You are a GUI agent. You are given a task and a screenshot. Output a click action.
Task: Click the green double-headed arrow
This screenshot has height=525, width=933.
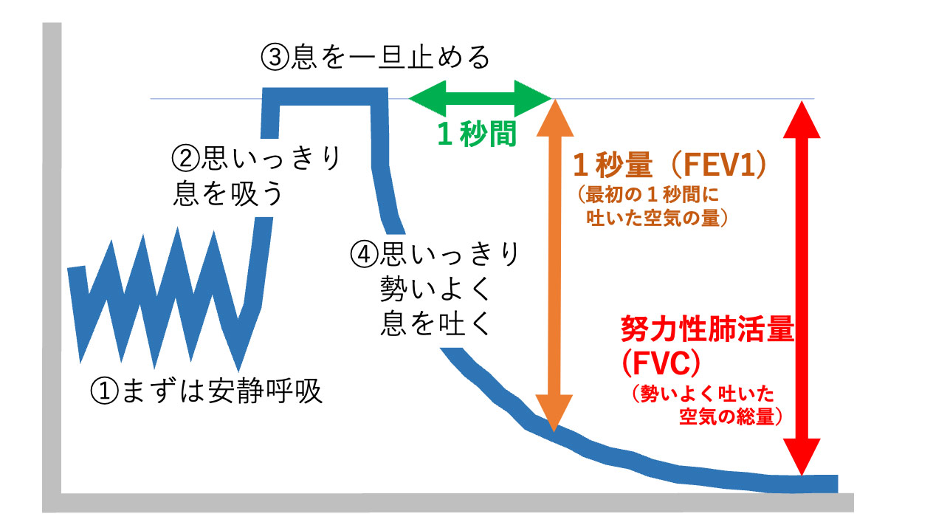click(480, 99)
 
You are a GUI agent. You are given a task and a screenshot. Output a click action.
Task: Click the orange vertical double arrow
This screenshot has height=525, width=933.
click(554, 265)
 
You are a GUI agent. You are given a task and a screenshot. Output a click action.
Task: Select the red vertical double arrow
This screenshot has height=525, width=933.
click(802, 287)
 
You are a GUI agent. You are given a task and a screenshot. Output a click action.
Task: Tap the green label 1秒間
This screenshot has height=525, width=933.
click(477, 134)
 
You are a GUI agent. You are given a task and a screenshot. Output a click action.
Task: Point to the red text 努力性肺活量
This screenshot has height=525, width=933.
click(707, 329)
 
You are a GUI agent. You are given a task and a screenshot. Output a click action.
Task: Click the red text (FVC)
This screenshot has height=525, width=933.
click(661, 363)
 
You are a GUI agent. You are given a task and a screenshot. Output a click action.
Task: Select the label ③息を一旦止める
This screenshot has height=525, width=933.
click(375, 57)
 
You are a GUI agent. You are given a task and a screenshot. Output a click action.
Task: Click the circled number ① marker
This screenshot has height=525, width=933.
click(105, 391)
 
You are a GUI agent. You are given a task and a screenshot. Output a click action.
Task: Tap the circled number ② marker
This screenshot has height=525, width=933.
click(186, 159)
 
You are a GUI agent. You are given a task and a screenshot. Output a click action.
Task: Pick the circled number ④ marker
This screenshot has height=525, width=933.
click(364, 255)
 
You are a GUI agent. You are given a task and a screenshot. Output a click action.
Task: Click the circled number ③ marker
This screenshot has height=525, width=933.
click(275, 57)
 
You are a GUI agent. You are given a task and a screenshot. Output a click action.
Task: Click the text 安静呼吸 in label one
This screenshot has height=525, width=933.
click(265, 391)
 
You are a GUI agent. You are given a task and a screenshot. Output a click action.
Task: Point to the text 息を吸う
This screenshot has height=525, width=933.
click(228, 193)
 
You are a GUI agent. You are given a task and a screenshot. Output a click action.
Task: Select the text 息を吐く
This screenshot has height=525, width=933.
click(435, 323)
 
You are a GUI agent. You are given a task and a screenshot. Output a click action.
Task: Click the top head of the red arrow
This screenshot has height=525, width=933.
click(802, 119)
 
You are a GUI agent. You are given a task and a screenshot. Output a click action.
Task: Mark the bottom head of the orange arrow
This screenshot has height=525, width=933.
click(554, 413)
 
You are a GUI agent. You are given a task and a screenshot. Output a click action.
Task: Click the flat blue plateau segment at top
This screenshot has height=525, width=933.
click(325, 97)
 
